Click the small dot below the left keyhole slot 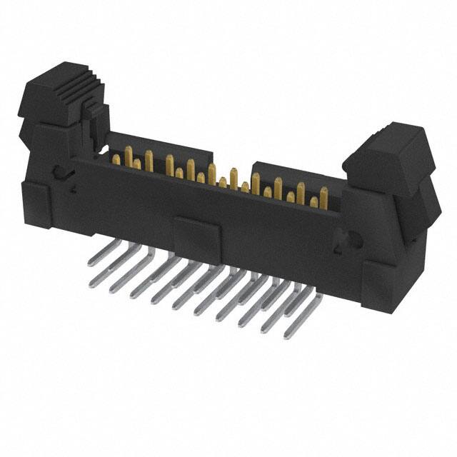click(x=73, y=190)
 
